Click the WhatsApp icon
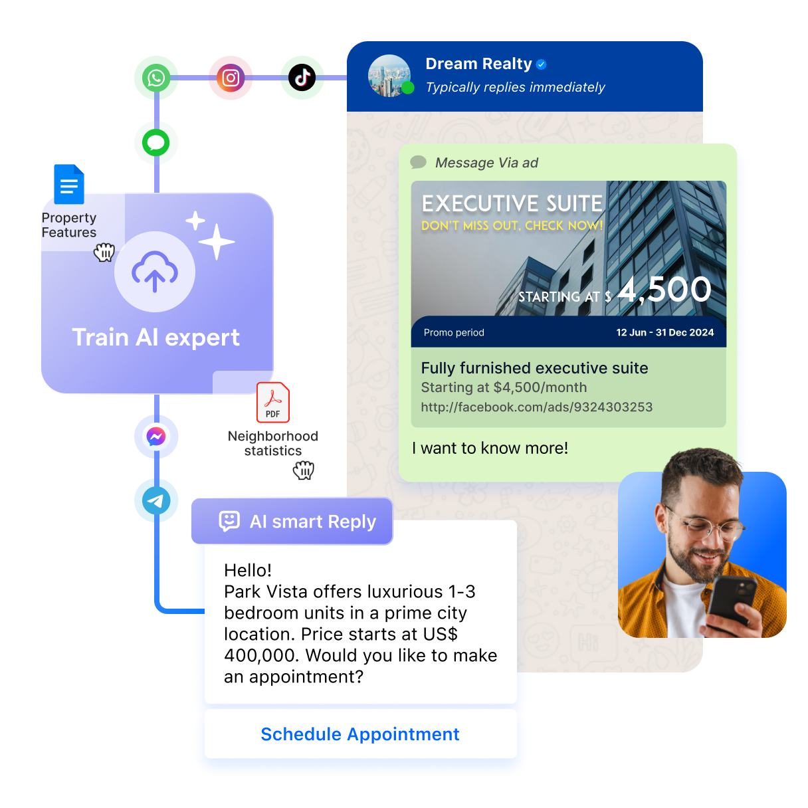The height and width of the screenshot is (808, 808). click(156, 78)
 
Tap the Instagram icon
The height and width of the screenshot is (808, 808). click(231, 78)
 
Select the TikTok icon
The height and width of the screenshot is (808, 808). click(302, 78)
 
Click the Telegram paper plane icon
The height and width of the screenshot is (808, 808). click(156, 500)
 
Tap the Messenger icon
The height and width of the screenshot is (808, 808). click(156, 437)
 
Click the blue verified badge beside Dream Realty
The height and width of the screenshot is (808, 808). click(542, 64)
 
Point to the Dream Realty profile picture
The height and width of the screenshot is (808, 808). click(389, 76)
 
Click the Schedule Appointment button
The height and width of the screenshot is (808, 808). click(360, 734)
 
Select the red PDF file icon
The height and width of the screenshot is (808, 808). click(273, 402)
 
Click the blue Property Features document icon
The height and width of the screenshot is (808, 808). click(69, 184)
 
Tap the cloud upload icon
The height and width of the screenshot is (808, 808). click(155, 271)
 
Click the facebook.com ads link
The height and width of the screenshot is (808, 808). click(537, 407)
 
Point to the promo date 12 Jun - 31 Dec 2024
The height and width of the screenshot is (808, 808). click(664, 332)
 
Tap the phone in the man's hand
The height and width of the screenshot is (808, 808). click(732, 603)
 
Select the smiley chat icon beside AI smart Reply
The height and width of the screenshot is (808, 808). click(229, 521)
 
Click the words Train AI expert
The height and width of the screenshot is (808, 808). click(156, 338)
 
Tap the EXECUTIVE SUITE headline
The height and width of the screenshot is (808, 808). click(512, 204)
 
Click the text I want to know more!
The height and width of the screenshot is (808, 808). click(490, 449)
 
